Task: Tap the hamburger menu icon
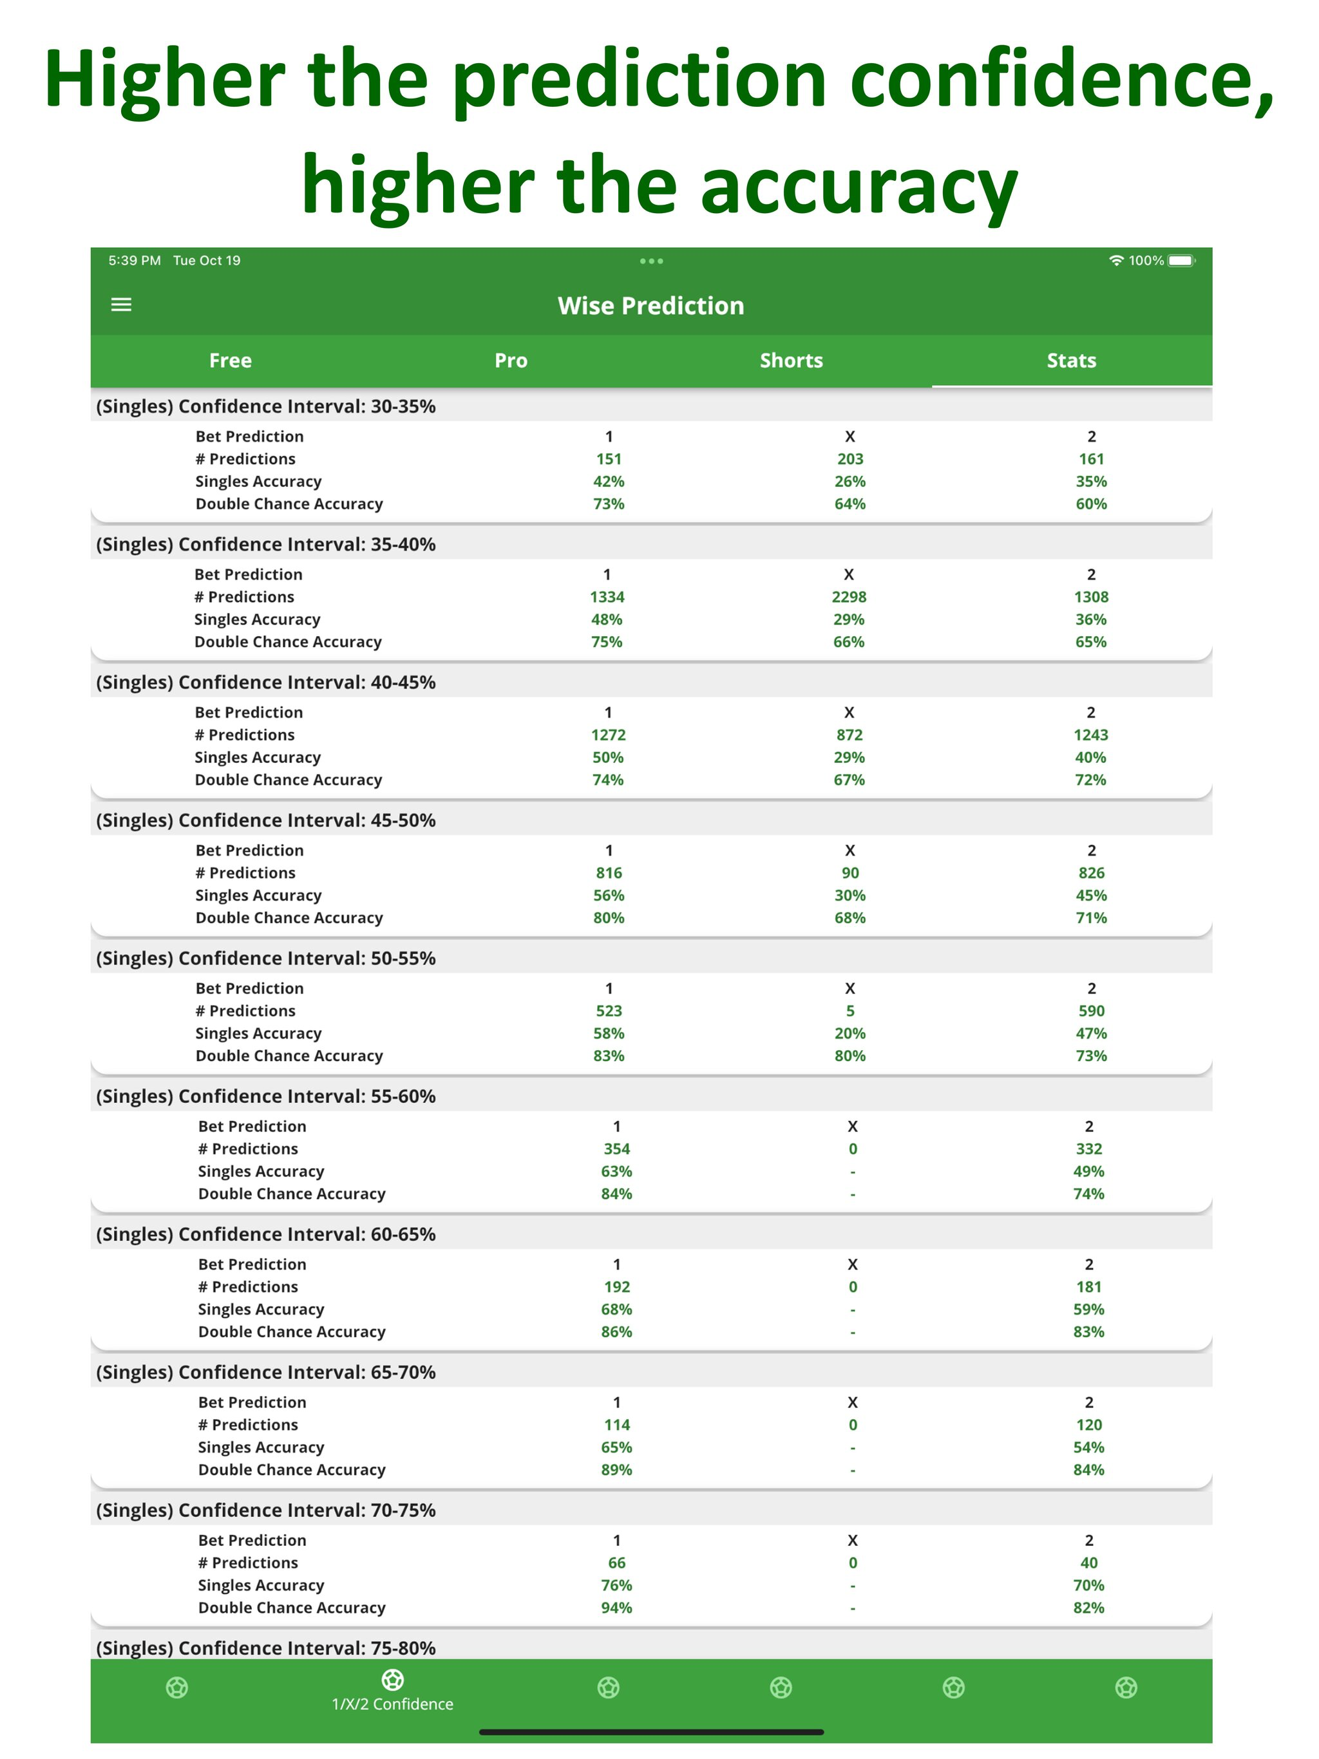tap(121, 305)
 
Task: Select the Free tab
tap(230, 360)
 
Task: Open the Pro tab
tap(511, 360)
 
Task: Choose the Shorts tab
tap(791, 360)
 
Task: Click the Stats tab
tap(1071, 360)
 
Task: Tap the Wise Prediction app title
tap(650, 305)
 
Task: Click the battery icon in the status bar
tap(1181, 261)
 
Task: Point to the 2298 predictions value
tap(849, 596)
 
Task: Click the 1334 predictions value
tap(607, 596)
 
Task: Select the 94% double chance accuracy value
tap(616, 1607)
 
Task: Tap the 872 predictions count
tap(849, 735)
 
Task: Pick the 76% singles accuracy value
tap(616, 1585)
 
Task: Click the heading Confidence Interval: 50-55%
tap(266, 958)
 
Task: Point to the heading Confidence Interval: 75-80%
tap(266, 1648)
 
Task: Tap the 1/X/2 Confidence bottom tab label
tap(392, 1704)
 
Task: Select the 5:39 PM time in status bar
tap(135, 261)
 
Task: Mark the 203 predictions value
tap(849, 459)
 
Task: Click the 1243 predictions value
tap(1090, 735)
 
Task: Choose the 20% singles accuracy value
tap(849, 1033)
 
